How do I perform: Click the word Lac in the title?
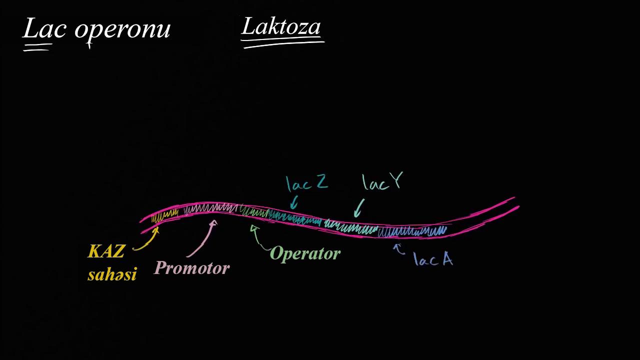pos(44,29)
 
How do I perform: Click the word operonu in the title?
pos(122,30)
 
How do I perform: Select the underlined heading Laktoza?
pos(281,27)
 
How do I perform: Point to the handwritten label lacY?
pos(382,182)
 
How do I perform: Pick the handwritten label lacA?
pos(433,259)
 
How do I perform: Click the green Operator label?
pos(305,253)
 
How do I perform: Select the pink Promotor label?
pos(191,268)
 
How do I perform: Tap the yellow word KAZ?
pos(106,251)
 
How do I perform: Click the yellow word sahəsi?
pos(112,274)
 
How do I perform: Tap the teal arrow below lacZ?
pos(294,202)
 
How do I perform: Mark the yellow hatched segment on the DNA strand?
pos(164,217)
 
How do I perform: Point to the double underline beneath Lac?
pos(37,47)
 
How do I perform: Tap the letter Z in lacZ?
pos(321,181)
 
